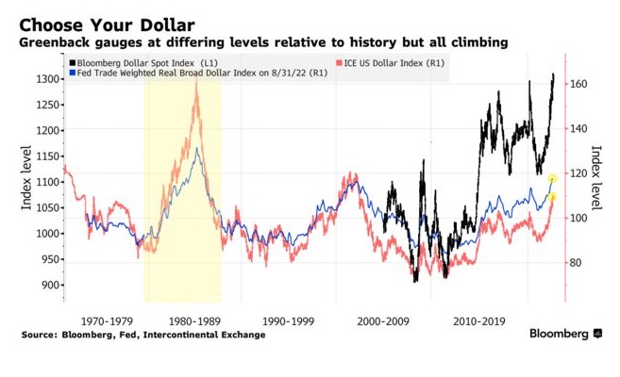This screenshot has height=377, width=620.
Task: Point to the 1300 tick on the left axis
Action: tap(43, 79)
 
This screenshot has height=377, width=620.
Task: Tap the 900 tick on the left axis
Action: tap(46, 286)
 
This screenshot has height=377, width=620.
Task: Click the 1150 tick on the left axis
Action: tap(43, 156)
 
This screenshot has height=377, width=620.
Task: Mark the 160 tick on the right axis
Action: tap(579, 85)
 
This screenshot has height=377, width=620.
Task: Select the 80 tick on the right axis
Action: tap(577, 263)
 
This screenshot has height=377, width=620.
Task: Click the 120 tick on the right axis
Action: tap(579, 173)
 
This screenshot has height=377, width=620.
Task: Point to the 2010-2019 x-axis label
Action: tap(479, 320)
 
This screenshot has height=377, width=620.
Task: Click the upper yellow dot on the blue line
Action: tap(553, 177)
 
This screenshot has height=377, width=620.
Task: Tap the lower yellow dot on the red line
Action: tap(553, 197)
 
